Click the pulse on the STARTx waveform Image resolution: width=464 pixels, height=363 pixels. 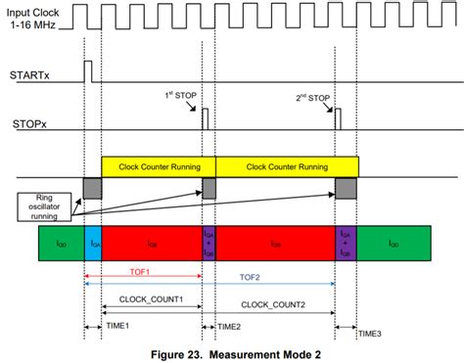[x=88, y=71]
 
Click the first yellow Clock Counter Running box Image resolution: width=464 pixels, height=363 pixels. [x=158, y=165]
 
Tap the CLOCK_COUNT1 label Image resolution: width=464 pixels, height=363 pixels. [x=152, y=299]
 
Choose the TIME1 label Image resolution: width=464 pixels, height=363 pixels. [x=118, y=325]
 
